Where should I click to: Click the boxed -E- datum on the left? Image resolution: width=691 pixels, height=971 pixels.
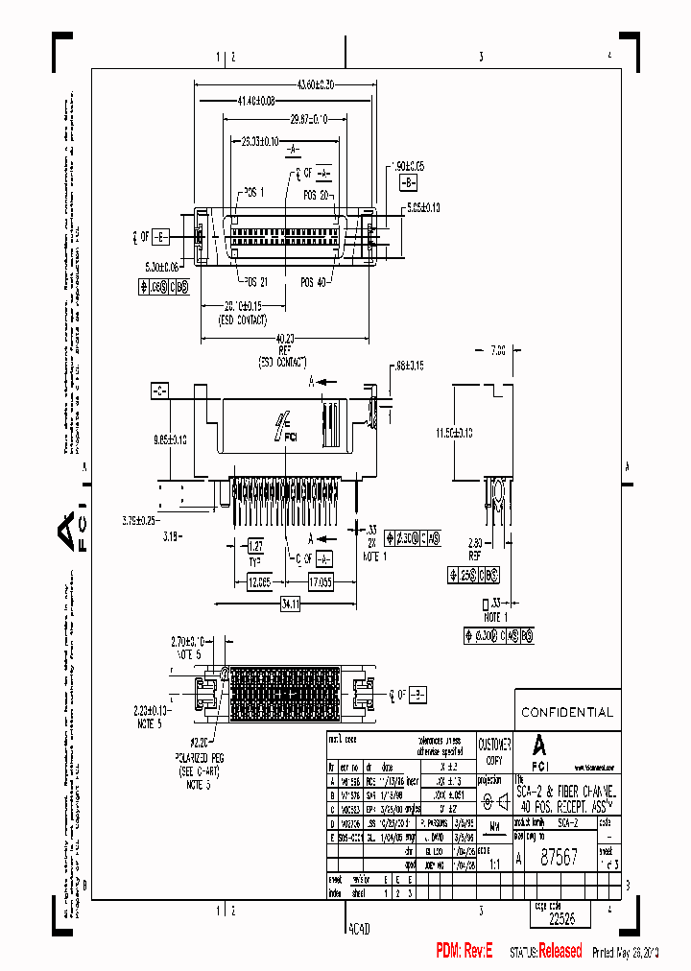click(160, 234)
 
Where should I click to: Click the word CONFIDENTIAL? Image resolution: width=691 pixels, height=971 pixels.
click(566, 713)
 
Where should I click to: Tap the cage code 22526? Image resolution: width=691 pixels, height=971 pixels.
click(561, 917)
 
